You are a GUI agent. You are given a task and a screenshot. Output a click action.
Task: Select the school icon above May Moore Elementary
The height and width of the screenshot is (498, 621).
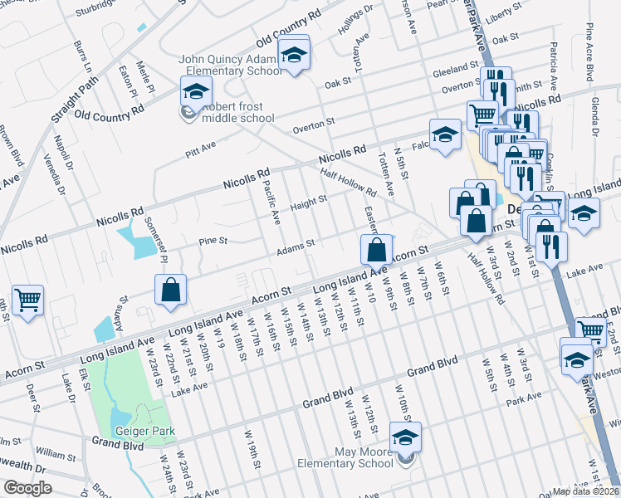tap(406, 437)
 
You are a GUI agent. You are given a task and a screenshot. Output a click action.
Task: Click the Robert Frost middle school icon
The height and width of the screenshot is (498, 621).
tap(196, 91)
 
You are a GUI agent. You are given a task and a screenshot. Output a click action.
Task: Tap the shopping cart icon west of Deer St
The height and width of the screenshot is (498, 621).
tap(28, 300)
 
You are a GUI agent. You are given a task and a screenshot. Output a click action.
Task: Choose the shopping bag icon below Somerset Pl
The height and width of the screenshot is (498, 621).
tap(169, 290)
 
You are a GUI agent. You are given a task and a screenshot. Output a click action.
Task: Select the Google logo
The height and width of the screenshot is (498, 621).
tap(27, 488)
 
